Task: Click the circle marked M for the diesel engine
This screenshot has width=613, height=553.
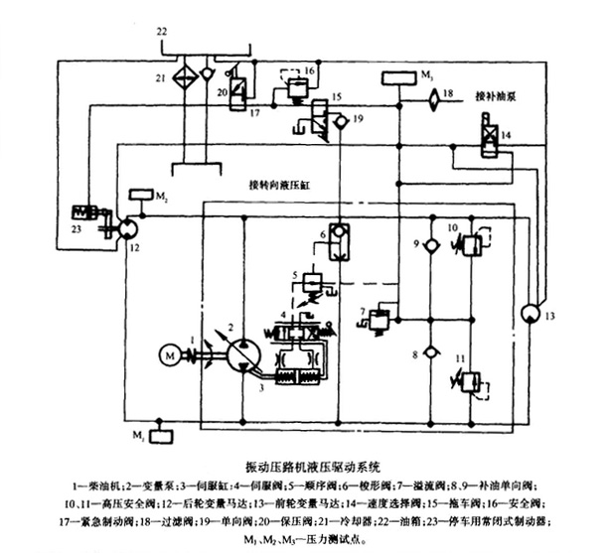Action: click(x=169, y=353)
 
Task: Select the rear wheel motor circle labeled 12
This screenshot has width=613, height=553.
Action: click(x=126, y=228)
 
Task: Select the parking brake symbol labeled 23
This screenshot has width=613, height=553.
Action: click(x=90, y=213)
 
